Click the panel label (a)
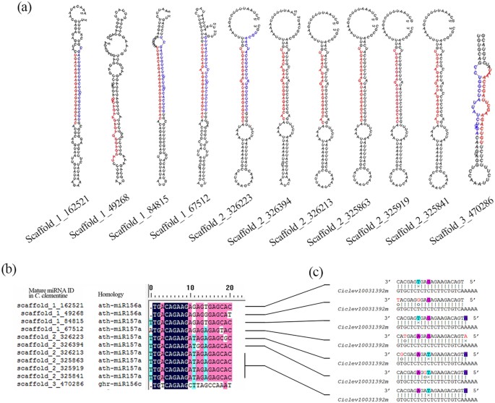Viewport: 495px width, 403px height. click(x=12, y=9)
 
